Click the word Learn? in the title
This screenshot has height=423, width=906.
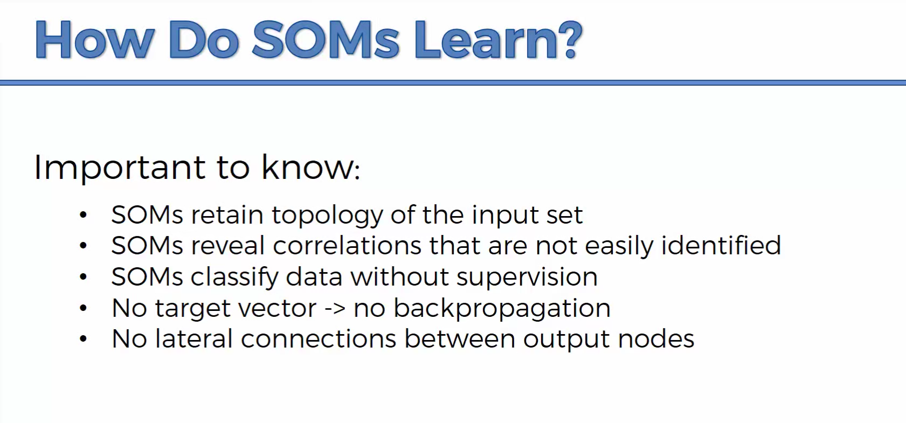pos(497,39)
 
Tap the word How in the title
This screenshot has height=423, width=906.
pos(94,39)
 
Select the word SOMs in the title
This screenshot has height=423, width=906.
pos(326,39)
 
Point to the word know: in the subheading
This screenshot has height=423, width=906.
pos(310,167)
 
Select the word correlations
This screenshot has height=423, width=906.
pos(347,246)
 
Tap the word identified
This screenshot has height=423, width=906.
pos(721,245)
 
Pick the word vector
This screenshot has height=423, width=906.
pos(277,309)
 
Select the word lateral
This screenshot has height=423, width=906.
pos(194,338)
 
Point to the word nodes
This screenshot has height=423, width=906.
pos(656,338)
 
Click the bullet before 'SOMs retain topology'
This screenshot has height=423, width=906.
pos(84,214)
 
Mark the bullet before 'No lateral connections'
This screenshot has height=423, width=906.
pos(84,338)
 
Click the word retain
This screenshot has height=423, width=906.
pos(227,214)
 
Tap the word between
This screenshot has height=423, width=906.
pos(460,338)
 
